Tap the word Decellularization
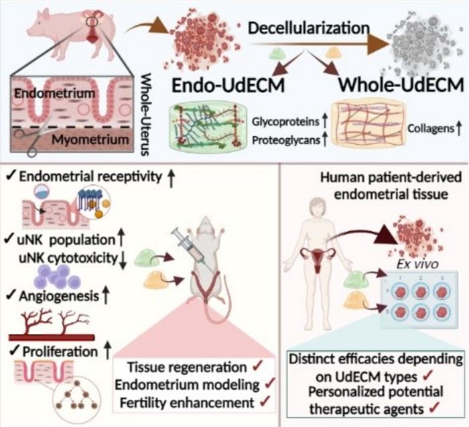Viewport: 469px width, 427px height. point(305,29)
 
